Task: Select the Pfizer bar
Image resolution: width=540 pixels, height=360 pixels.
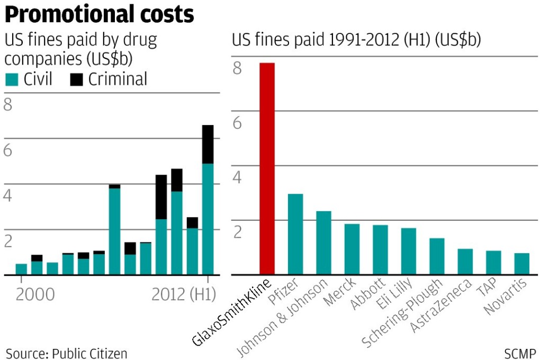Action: pos(295,234)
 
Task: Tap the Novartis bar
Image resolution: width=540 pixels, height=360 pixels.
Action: pos(521,264)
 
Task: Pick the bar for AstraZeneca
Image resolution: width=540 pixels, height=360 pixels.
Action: pos(465,261)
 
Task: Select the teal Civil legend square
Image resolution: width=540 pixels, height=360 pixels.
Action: pos(11,80)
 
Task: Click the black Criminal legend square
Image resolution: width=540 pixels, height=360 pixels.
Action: pos(77,80)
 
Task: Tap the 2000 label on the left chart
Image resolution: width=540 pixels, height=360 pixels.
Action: pos(35,294)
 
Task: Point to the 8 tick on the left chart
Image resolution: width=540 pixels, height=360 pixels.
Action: pos(7,105)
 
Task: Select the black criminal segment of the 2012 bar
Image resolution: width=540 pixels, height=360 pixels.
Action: pos(208,144)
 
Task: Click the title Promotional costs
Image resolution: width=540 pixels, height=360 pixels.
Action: pos(99,15)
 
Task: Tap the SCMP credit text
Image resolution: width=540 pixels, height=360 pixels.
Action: pos(520,353)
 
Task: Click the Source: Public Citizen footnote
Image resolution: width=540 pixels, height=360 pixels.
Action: pos(67,353)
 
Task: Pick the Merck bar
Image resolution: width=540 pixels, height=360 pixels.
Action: pos(352,249)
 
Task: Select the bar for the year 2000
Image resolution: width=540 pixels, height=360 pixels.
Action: pos(21,269)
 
